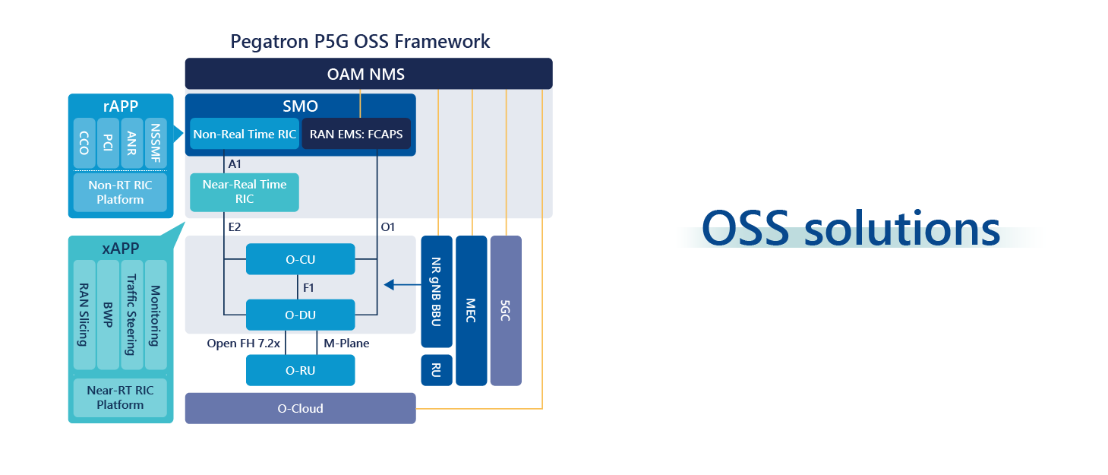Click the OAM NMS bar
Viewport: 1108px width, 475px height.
coord(368,74)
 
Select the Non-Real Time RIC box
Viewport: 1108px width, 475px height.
coord(244,135)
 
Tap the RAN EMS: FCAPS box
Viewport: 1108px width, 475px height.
coord(356,135)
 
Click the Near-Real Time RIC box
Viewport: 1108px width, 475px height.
coord(244,192)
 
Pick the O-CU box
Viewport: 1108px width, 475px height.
coord(301,259)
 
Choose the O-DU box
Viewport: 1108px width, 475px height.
coord(301,315)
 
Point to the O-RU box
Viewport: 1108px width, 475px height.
coord(301,371)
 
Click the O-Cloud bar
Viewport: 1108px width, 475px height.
coord(300,408)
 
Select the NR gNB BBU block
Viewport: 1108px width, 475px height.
coord(436,291)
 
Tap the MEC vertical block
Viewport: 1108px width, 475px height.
coord(471,310)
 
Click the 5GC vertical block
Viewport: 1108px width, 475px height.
coord(506,310)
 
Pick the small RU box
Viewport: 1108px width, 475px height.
coord(436,370)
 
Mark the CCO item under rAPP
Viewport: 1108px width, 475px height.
coord(84,143)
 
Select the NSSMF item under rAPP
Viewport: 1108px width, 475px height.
coord(155,143)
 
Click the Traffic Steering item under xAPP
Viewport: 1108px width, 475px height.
coord(132,314)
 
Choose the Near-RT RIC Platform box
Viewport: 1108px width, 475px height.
coord(120,397)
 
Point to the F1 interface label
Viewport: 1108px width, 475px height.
coord(309,288)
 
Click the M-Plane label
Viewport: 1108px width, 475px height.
coord(346,344)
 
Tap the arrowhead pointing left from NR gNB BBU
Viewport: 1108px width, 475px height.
coord(389,285)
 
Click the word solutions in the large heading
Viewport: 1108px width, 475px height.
coord(902,228)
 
